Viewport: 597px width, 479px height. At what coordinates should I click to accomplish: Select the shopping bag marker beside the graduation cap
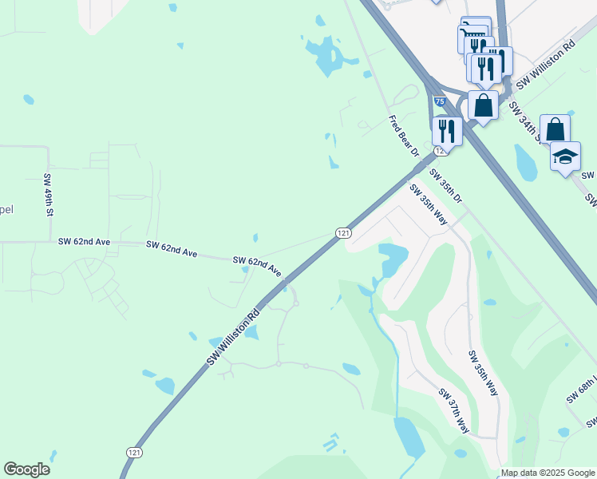555,129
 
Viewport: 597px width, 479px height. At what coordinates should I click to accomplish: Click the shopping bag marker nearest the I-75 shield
483,105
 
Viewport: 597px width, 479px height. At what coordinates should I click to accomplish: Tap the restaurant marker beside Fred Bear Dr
447,131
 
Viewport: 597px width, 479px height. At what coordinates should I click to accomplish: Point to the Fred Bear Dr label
403,136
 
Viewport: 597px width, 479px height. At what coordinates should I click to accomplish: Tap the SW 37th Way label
453,410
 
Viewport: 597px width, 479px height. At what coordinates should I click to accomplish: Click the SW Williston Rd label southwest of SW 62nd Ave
234,335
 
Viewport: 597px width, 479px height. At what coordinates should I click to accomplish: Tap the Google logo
26,469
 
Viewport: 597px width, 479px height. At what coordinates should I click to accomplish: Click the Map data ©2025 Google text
548,473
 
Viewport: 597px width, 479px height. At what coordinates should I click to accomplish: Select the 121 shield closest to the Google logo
132,452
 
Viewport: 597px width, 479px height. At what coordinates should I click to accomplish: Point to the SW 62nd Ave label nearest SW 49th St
84,241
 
